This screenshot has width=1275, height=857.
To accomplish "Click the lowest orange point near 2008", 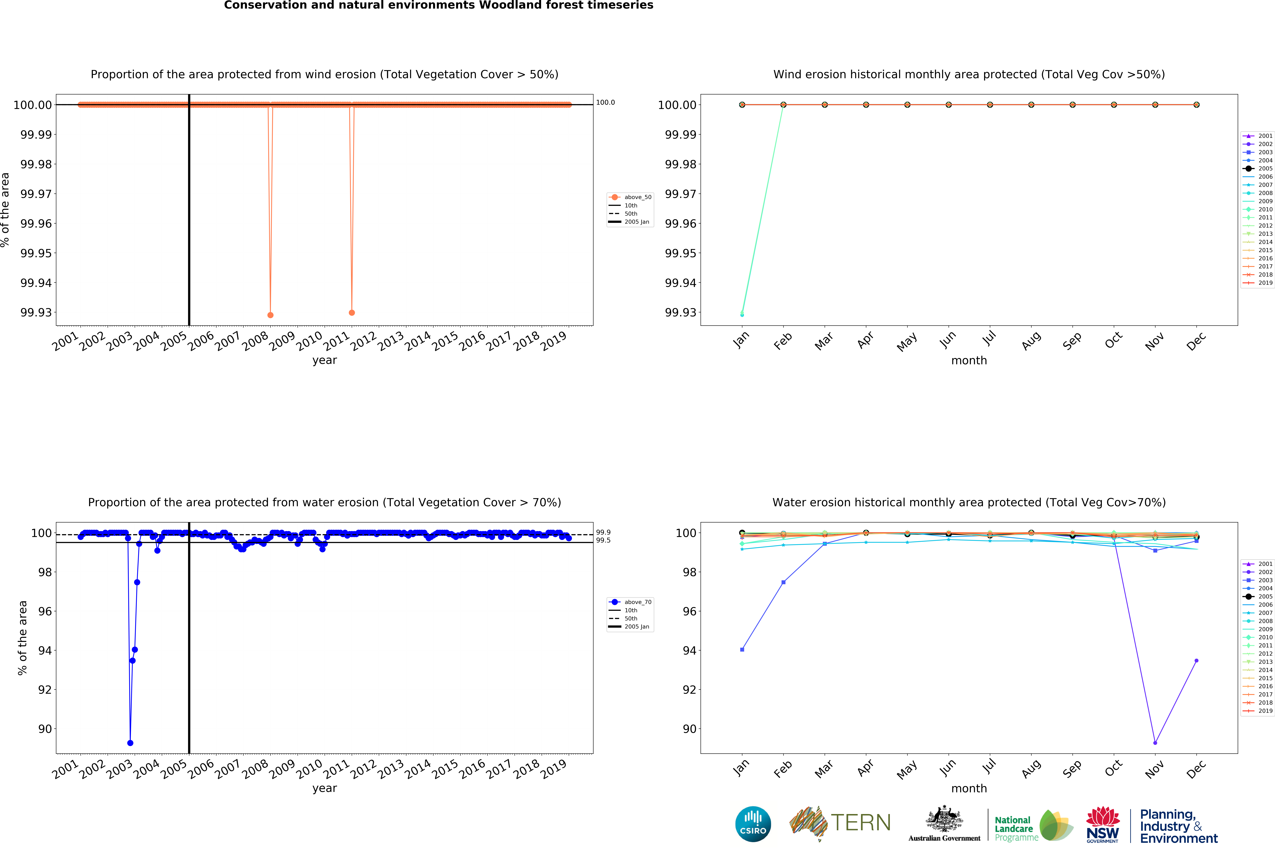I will [x=270, y=315].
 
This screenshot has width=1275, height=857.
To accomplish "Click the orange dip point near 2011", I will [x=352, y=313].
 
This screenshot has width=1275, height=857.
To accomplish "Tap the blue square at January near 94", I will [x=742, y=650].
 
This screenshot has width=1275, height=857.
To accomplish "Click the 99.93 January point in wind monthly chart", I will [x=742, y=314].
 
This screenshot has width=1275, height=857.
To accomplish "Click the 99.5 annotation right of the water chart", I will [x=603, y=541].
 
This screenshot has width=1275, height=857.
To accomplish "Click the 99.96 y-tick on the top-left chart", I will [x=36, y=224].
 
